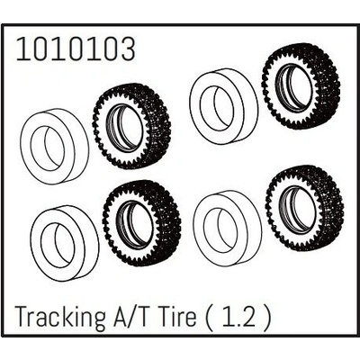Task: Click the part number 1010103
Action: pyautogui.click(x=76, y=49)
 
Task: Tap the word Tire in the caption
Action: pyautogui.click(x=196, y=319)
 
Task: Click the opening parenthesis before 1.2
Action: pyautogui.click(x=223, y=319)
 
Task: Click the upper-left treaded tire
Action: pyautogui.click(x=131, y=127)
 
